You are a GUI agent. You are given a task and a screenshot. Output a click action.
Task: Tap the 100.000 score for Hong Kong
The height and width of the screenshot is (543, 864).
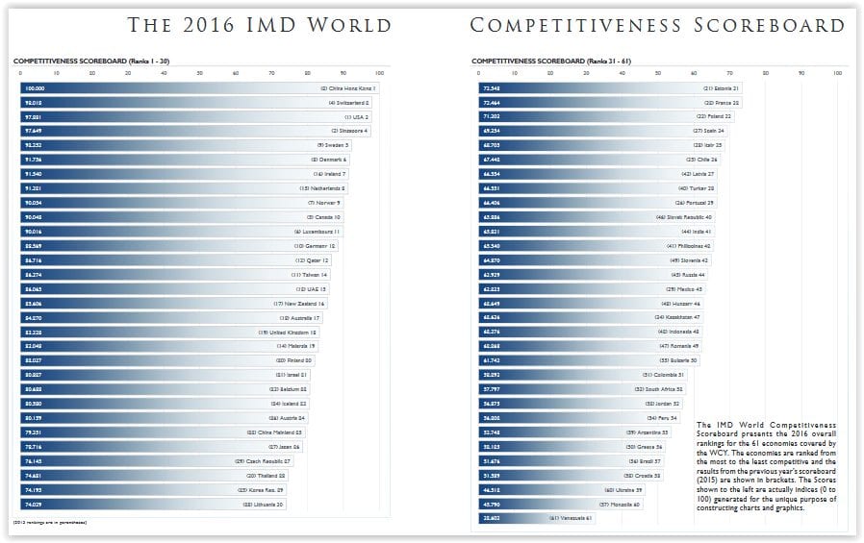point(35,88)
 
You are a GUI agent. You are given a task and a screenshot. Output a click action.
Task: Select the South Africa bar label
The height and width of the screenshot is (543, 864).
point(657,389)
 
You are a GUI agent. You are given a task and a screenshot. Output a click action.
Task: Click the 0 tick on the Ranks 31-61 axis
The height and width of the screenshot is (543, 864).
point(475,73)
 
